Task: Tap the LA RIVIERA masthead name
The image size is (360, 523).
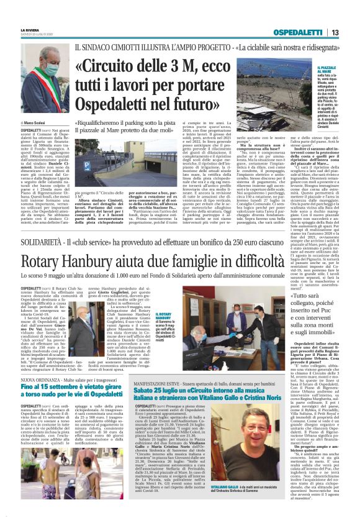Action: coord(30,29)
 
